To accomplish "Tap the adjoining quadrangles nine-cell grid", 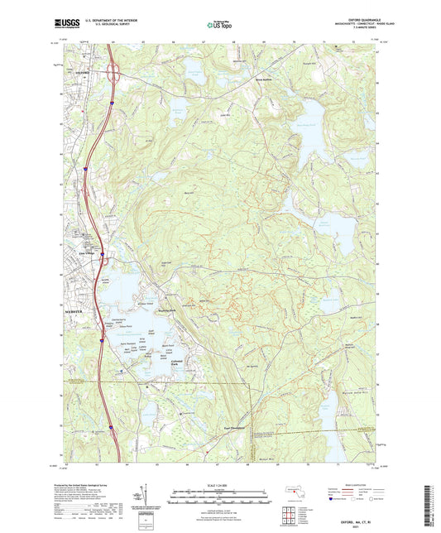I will click(290, 513).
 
